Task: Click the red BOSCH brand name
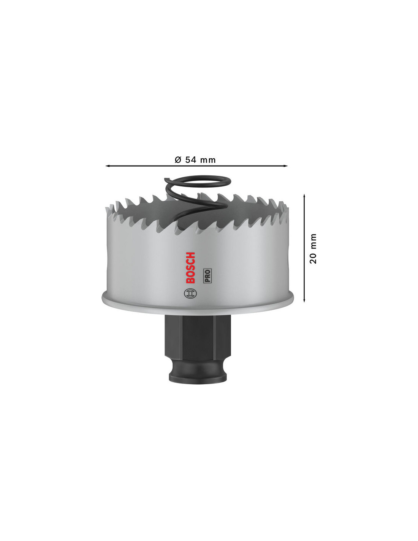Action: click(190, 268)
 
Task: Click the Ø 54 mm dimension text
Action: click(195, 160)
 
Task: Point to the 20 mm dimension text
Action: click(313, 248)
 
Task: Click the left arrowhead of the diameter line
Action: click(108, 165)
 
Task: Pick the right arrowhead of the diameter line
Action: click(285, 165)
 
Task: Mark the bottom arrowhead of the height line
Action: click(304, 300)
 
